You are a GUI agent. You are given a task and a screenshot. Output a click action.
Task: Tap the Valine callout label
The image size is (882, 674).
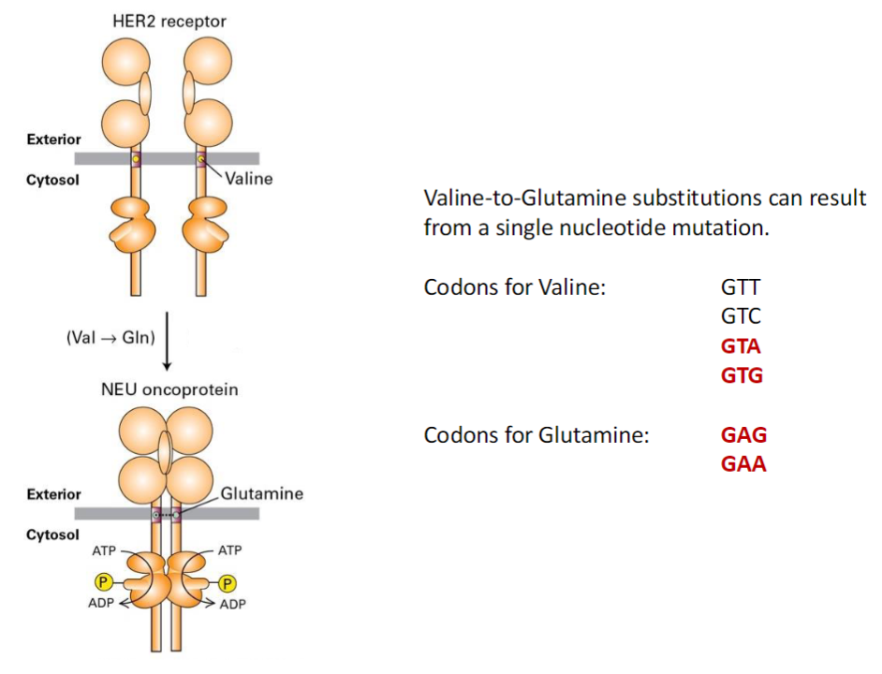point(248,178)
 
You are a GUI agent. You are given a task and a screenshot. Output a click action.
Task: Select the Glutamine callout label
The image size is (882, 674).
point(262,493)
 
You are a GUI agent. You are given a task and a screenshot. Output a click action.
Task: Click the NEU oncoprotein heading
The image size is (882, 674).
point(169,389)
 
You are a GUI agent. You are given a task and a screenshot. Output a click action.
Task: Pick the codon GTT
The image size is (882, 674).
point(741,286)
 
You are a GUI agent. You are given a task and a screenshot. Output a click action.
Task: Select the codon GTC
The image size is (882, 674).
point(741,315)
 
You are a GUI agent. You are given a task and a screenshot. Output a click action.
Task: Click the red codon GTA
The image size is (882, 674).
point(741,345)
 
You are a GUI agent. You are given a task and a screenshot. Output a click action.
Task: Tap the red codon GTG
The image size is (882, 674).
point(742,375)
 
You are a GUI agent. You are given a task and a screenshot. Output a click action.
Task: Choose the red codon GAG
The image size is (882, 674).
point(743,434)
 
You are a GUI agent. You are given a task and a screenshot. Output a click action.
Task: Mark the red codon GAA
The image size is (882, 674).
point(743,464)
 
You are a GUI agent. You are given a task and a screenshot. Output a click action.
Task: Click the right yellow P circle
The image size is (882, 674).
point(226,583)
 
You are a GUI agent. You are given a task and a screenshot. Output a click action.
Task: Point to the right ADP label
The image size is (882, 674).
point(232,604)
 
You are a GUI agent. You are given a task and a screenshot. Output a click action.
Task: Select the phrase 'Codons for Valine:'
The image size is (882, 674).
point(516,286)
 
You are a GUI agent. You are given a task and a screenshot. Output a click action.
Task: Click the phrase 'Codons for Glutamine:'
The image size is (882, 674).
point(536,434)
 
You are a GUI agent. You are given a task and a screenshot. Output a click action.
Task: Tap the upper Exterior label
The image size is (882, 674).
point(53,139)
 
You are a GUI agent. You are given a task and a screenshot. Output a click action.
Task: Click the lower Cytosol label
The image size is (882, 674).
point(52,535)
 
